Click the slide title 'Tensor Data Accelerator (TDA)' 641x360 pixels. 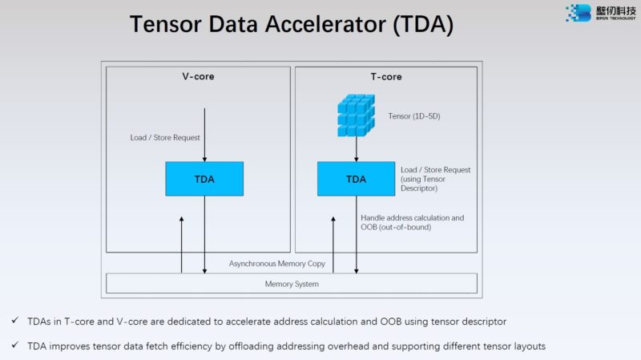[x=292, y=24]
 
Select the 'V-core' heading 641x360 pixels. [x=198, y=77]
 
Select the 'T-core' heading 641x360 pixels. [x=385, y=77]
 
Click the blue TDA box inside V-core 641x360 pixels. [x=204, y=179]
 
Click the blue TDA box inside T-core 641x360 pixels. [x=356, y=179]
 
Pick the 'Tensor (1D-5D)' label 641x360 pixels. [x=414, y=116]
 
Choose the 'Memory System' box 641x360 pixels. [x=292, y=284]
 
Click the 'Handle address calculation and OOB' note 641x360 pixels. [x=413, y=222]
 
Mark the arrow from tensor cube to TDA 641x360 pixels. [x=356, y=148]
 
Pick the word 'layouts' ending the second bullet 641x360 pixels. [x=530, y=346]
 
